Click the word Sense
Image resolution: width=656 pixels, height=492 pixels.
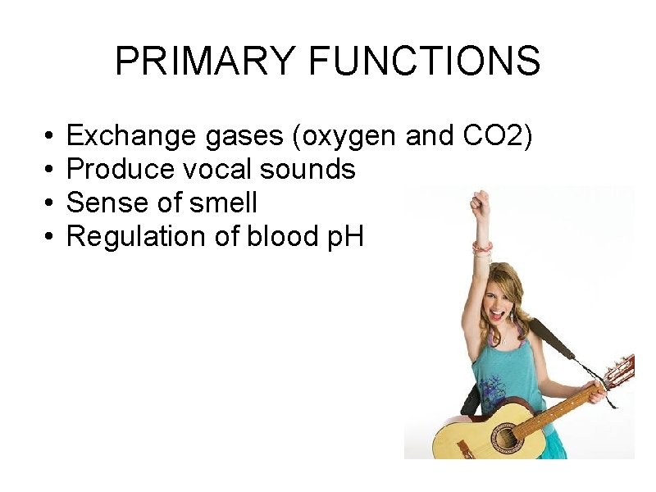tap(104, 203)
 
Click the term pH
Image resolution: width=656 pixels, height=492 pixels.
tap(344, 236)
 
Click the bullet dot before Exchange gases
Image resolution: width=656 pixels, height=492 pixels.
tap(50, 136)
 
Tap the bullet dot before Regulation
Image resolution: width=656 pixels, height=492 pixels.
tap(50, 236)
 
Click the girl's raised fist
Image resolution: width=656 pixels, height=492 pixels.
tap(480, 202)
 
